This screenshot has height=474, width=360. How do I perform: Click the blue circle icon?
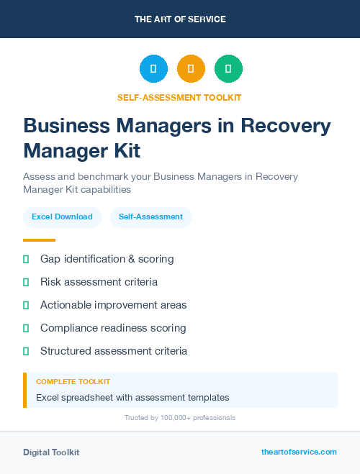(153, 69)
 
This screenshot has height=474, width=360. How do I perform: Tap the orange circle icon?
(191, 69)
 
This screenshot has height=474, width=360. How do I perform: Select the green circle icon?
(228, 69)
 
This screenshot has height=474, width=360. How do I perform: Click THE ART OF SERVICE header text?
(180, 19)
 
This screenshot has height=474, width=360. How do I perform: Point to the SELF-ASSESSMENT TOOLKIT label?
(179, 97)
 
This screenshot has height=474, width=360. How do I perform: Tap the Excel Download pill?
(62, 217)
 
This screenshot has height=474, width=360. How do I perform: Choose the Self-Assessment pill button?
(150, 217)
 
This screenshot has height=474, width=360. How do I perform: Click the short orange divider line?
(39, 240)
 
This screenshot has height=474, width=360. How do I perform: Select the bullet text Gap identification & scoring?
(107, 259)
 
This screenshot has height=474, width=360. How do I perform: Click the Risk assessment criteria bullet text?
(99, 282)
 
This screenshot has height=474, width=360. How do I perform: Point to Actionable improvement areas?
(113, 305)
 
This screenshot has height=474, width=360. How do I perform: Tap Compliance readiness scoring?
(113, 328)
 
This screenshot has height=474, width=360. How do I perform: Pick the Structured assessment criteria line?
(114, 351)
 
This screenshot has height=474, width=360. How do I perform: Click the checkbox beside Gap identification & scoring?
(26, 259)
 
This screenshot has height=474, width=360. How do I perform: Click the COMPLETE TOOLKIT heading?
(73, 382)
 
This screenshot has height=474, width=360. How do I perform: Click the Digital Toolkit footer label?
(51, 452)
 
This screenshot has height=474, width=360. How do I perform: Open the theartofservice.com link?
(299, 452)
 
